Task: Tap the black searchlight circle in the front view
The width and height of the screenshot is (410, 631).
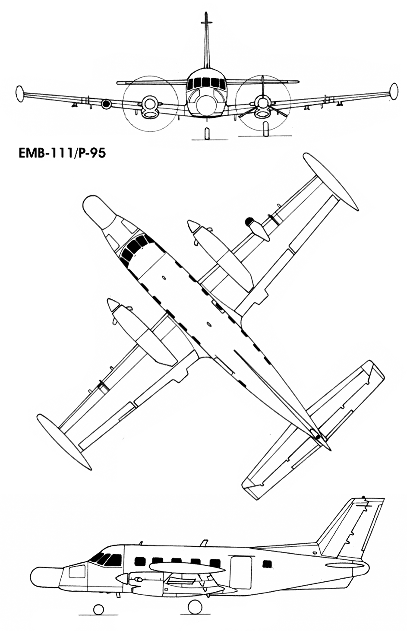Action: click(x=106, y=104)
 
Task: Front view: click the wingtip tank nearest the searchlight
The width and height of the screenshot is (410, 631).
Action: click(x=20, y=94)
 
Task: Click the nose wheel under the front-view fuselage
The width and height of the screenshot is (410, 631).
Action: click(x=207, y=133)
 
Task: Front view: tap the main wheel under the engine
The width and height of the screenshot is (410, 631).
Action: click(x=265, y=129)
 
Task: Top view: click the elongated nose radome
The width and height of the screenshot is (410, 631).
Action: click(x=100, y=211)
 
